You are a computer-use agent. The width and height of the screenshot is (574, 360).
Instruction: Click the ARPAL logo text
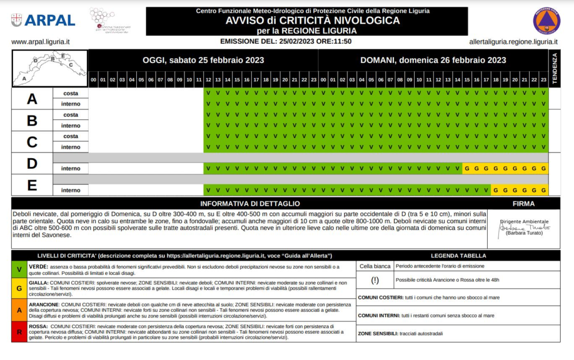pos(50,20)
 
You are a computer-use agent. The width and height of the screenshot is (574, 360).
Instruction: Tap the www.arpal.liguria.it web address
pos(40,41)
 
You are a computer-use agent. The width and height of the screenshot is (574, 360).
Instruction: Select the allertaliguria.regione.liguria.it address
pos(513,41)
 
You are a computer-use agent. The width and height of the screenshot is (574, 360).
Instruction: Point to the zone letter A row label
pos(32,99)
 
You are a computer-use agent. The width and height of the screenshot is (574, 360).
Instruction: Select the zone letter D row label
pos(32,163)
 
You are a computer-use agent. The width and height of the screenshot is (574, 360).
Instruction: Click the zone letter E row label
pos(32,185)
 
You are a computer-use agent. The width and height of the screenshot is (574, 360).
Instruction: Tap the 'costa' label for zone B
pos(71,115)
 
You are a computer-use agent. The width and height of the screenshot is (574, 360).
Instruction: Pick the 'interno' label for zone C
pos(71,147)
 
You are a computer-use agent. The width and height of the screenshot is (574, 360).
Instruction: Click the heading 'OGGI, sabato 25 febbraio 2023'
pos(203,60)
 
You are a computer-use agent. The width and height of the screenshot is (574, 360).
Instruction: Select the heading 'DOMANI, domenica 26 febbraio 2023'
pos(433,60)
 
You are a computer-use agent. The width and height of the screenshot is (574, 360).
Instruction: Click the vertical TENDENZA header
pos(554,68)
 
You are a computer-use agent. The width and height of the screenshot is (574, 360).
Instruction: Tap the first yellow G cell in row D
pos(467,168)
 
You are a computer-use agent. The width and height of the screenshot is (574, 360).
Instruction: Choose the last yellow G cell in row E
pos(543,190)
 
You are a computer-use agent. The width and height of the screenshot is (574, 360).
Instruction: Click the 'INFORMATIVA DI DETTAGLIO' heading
pos(250,204)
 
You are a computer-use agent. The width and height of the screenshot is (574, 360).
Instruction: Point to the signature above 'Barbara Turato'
pos(524,228)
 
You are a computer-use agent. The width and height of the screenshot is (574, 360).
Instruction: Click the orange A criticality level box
pos(20,310)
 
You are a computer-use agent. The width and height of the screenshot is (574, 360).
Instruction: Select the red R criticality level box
pos(20,331)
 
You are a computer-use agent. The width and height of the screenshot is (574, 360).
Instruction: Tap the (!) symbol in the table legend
pos(374,280)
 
